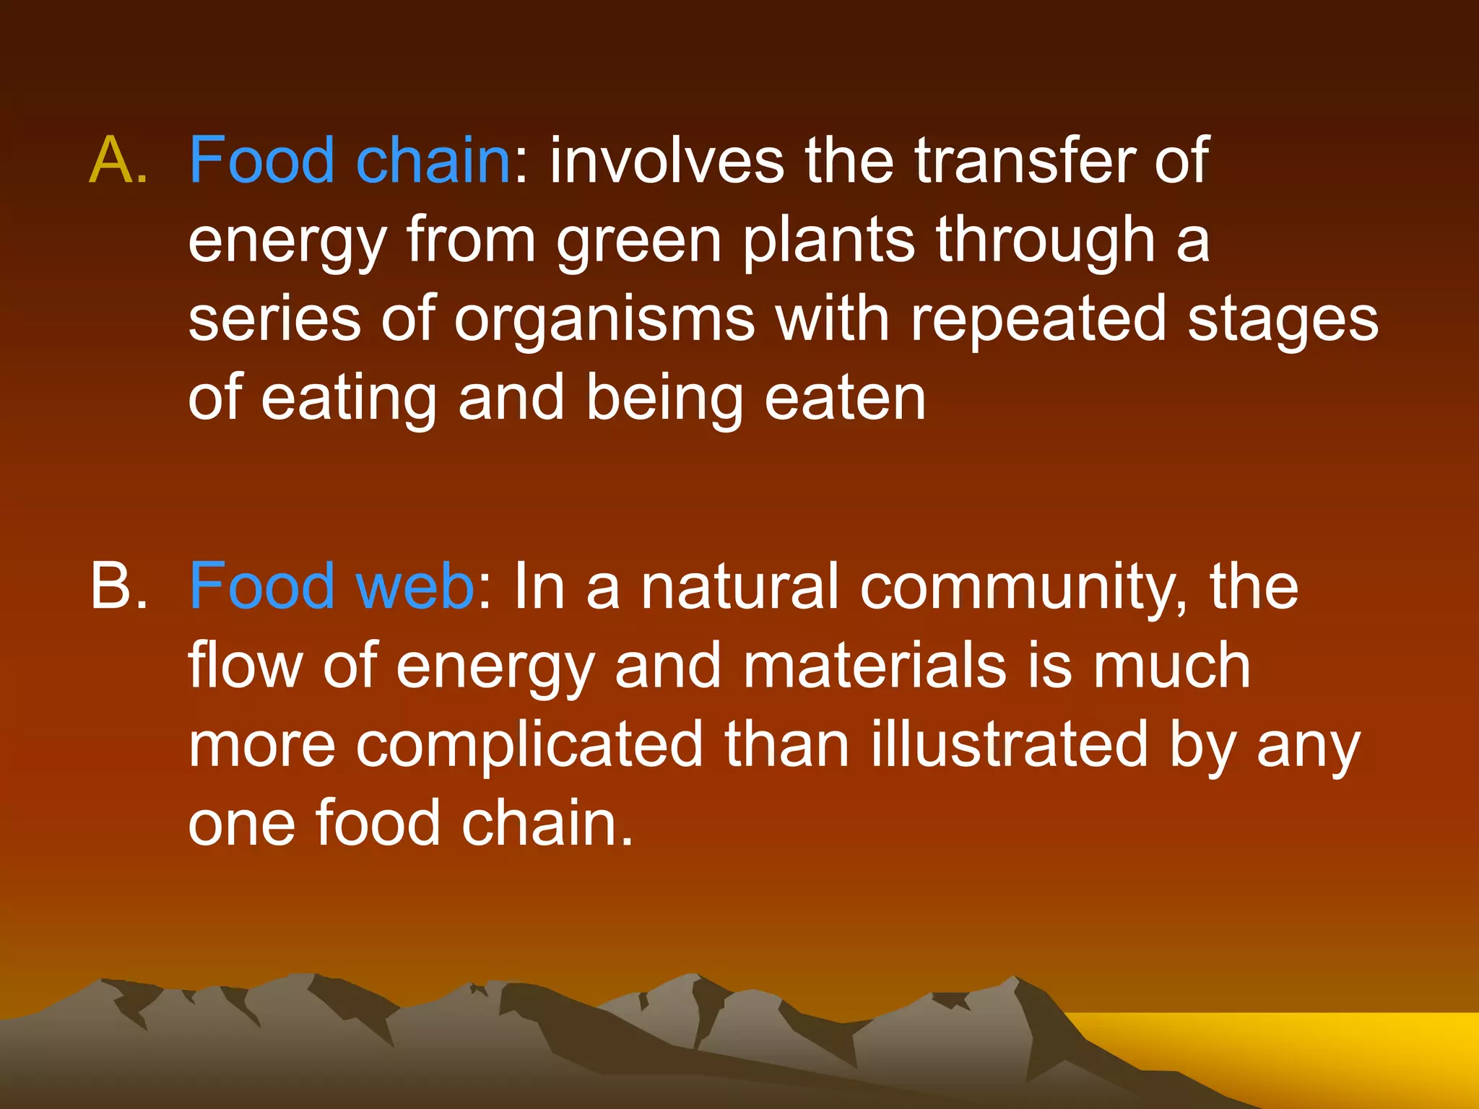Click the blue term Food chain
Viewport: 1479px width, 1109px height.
coord(350,160)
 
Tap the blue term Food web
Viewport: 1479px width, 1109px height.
coord(331,586)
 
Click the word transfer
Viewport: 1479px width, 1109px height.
coord(1026,160)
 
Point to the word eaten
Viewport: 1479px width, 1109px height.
coord(845,399)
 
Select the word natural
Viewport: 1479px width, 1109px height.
coord(740,586)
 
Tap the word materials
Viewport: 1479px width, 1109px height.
coord(875,666)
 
